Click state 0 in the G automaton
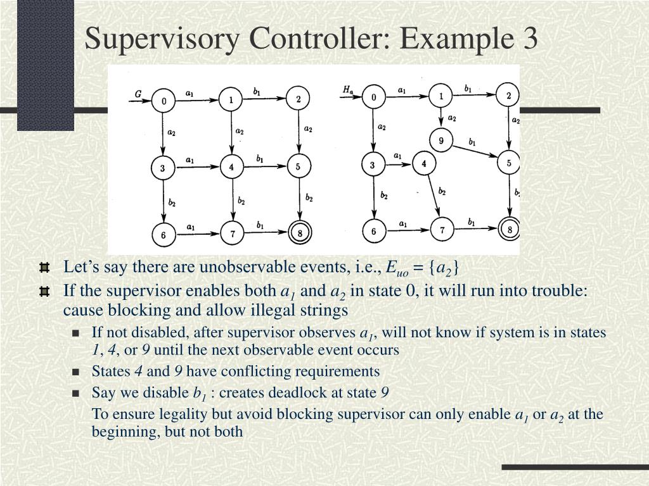pyautogui.click(x=164, y=101)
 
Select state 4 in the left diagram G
pyautogui.click(x=232, y=168)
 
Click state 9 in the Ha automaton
pyautogui.click(x=440, y=139)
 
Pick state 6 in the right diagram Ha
pyautogui.click(x=373, y=231)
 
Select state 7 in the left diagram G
pyautogui.click(x=233, y=234)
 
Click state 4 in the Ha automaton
pyautogui.click(x=423, y=163)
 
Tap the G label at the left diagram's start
pyautogui.click(x=138, y=94)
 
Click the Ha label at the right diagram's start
pyautogui.click(x=348, y=90)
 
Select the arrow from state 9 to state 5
pyautogui.click(x=474, y=151)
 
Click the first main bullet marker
pyautogui.click(x=44, y=268)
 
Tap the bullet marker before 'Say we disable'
pyautogui.click(x=76, y=394)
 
